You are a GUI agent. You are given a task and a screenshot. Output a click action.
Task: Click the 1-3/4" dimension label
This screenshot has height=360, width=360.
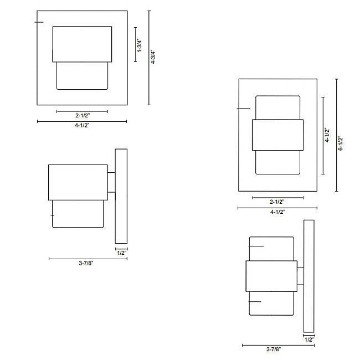tap(140, 45)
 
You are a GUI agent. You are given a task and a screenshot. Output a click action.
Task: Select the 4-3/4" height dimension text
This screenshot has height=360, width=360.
tap(153, 57)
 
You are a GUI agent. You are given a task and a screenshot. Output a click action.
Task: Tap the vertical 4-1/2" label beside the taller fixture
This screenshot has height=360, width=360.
tap(327, 135)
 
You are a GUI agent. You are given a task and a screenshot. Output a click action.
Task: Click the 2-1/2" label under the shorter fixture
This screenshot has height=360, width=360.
tap(82, 116)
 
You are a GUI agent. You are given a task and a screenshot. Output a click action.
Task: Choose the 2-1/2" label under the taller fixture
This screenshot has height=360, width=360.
tap(277, 202)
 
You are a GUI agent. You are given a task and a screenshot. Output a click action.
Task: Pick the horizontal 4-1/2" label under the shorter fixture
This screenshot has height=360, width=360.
tap(82, 125)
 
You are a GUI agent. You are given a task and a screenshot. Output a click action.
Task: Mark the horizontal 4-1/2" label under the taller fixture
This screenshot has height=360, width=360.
tap(277, 212)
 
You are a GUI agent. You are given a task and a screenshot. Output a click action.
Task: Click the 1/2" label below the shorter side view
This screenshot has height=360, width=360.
tap(121, 253)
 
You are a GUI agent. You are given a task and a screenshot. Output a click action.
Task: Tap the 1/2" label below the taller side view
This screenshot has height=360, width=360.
tap(309, 339)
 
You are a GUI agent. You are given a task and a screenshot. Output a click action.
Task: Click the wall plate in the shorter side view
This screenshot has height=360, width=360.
tap(121, 196)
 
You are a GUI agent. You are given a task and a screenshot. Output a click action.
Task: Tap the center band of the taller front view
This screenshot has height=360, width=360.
tap(277, 135)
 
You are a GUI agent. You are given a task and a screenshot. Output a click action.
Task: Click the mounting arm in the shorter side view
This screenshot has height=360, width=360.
tap(111, 183)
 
